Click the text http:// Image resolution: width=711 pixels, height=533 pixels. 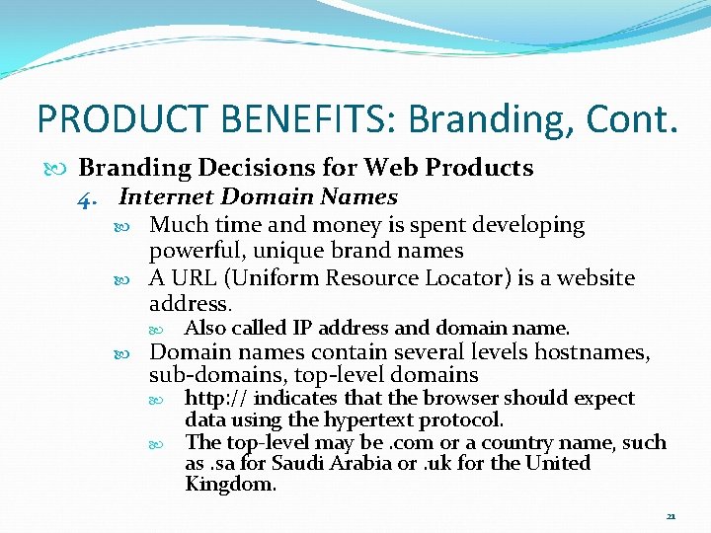216,399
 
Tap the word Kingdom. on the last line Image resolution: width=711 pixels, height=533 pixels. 230,485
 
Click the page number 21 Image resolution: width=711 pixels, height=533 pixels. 671,515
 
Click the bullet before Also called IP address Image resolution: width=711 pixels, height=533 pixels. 171,329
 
